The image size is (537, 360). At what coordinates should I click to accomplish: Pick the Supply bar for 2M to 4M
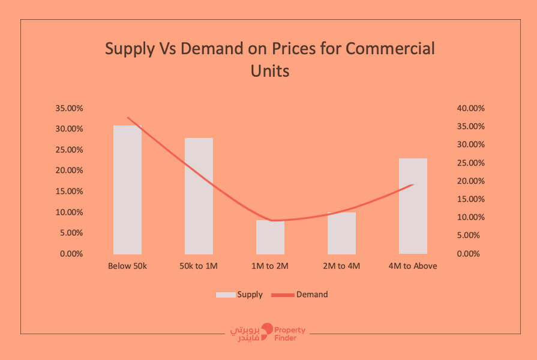click(x=341, y=234)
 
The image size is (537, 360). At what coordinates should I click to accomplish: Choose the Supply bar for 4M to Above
click(x=413, y=207)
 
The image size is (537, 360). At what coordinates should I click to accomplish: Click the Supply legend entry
click(x=240, y=295)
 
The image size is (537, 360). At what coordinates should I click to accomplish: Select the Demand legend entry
click(x=300, y=295)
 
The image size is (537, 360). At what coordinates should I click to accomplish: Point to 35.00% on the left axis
click(x=68, y=109)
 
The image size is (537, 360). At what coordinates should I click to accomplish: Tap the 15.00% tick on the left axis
click(x=68, y=191)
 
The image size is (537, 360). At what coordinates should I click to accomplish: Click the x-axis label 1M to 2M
click(x=270, y=266)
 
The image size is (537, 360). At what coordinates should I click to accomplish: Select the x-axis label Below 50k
click(x=127, y=266)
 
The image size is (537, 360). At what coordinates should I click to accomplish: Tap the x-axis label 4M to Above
click(x=413, y=266)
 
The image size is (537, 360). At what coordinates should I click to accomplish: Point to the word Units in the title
click(x=269, y=71)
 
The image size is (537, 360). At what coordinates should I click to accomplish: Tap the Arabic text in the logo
click(x=247, y=334)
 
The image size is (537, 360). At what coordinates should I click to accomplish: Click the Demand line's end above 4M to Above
click(x=413, y=185)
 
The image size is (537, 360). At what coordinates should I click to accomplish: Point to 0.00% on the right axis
click(x=467, y=254)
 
